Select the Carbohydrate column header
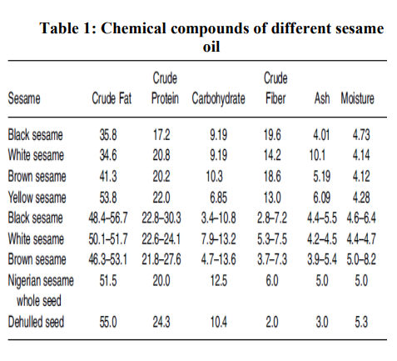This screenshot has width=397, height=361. point(219,98)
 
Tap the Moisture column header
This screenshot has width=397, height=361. point(357,98)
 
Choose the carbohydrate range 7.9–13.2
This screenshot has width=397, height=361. point(217,240)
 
